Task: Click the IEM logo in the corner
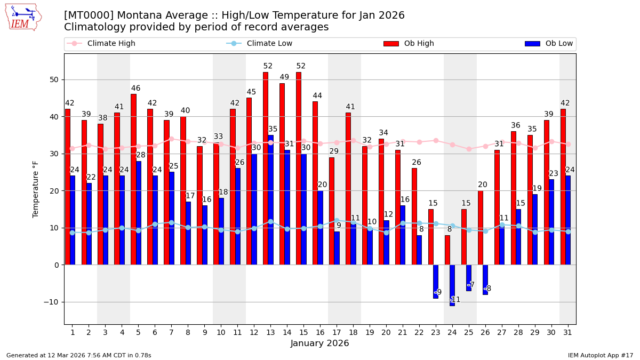[x=23, y=17]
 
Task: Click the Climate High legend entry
[x=111, y=44]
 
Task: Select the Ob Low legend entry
[x=558, y=44]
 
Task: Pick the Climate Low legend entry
[x=269, y=44]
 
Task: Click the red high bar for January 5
[x=133, y=179]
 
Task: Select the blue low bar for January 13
[x=270, y=200]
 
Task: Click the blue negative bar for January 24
[x=452, y=285]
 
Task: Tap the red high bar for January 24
[x=447, y=250]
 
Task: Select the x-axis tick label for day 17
[x=337, y=332]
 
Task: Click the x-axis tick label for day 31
[x=567, y=332]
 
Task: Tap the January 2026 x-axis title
[x=319, y=343]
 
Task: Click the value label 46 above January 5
[x=136, y=89]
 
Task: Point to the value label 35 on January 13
[x=273, y=129]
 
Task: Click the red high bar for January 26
[x=480, y=228]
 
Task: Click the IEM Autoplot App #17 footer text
[x=601, y=355]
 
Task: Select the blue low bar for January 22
[x=419, y=250]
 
